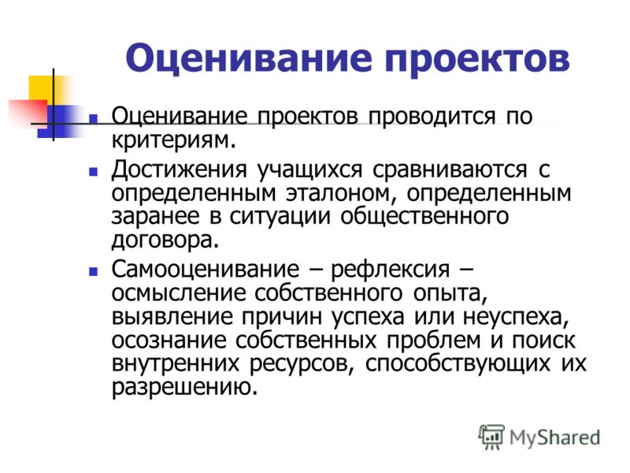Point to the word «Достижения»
(179, 169)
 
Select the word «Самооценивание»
(206, 269)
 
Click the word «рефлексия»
(390, 270)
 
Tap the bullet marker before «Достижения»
(93, 172)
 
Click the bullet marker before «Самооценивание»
(93, 271)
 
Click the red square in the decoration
(28, 114)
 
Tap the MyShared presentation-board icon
(491, 437)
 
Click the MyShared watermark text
(554, 438)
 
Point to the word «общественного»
(424, 216)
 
